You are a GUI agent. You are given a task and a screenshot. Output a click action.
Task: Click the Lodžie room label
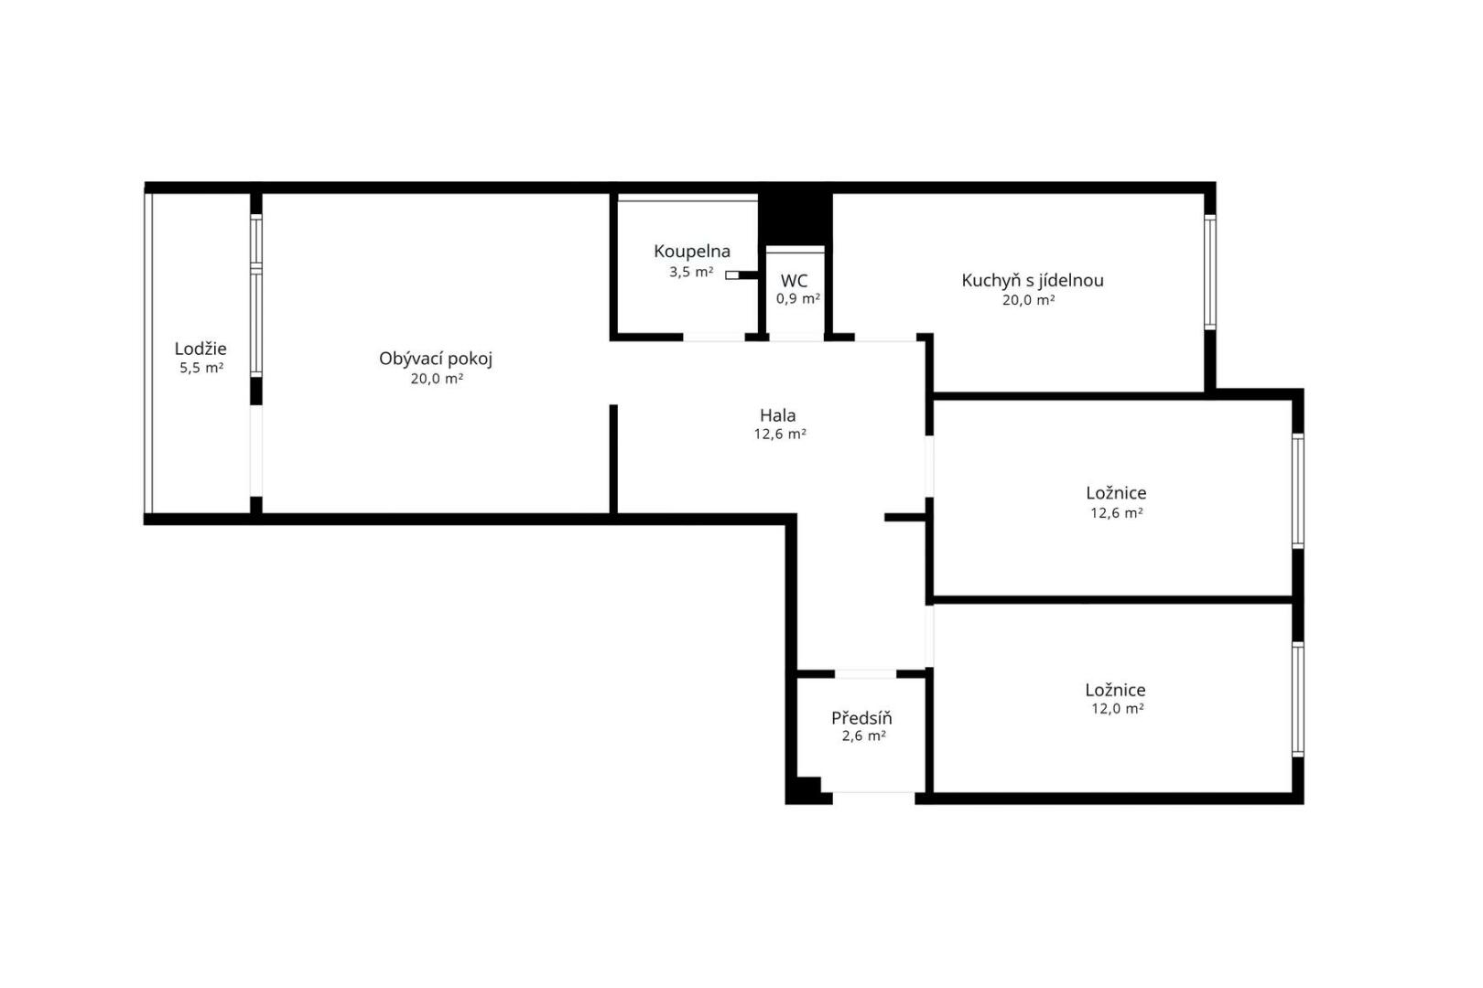200,349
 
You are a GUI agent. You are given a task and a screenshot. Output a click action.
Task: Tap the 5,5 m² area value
201,368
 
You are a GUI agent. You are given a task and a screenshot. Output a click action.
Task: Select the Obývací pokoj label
436,360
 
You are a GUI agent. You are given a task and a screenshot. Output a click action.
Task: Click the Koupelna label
692,252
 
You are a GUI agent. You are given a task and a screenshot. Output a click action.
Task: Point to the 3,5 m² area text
691,272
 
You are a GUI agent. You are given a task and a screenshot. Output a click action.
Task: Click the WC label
794,281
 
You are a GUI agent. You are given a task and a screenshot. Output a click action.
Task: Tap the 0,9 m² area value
798,299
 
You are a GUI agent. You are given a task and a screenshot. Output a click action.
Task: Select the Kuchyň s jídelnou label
1032,281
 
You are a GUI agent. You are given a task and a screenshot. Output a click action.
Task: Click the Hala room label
778,415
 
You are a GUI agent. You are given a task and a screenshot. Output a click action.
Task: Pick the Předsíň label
861,718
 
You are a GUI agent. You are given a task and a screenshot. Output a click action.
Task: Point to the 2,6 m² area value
864,736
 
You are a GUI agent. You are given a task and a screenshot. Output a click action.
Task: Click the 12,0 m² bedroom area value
1118,709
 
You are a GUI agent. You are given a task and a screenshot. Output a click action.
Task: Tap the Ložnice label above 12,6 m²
1116,493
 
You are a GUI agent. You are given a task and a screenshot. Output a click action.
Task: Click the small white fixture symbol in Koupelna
731,275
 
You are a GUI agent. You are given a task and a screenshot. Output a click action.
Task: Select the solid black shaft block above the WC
796,219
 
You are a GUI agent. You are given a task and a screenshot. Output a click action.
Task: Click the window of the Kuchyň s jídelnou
1209,272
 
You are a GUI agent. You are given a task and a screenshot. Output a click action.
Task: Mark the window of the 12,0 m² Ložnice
1298,699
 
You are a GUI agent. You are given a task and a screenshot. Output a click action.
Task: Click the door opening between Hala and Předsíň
865,673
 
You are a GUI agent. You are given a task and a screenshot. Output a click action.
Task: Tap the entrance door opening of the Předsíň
873,798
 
